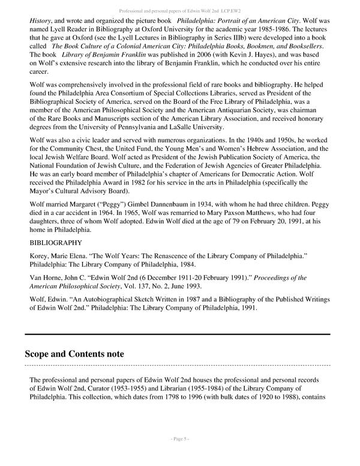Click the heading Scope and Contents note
coord(74,354)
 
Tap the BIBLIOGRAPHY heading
coord(56,243)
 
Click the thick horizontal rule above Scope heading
coord(177,333)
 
